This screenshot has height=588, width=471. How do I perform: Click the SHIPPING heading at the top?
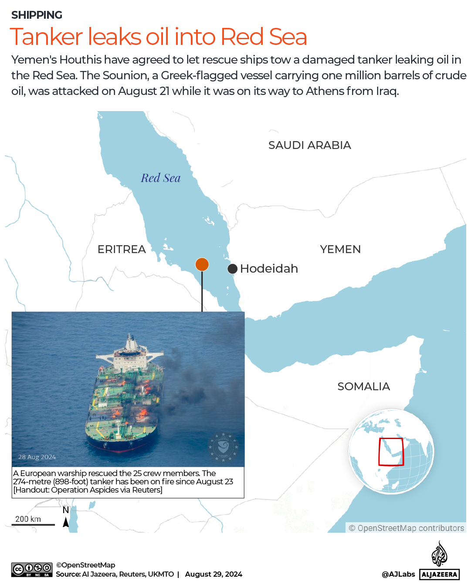pyautogui.click(x=37, y=15)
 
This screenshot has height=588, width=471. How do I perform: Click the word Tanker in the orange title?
pyautogui.click(x=46, y=37)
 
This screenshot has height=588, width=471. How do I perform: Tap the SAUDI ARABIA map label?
pyautogui.click(x=309, y=145)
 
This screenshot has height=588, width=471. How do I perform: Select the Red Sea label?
pyautogui.click(x=160, y=178)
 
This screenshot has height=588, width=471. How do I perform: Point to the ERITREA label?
pyautogui.click(x=122, y=249)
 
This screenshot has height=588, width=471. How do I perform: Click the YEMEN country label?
pyautogui.click(x=340, y=249)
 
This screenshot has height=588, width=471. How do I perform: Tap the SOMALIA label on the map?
pyautogui.click(x=363, y=386)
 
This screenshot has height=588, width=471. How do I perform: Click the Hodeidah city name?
pyautogui.click(x=269, y=268)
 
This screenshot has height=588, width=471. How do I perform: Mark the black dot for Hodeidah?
pyautogui.click(x=233, y=269)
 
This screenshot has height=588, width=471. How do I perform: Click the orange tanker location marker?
pyautogui.click(x=202, y=264)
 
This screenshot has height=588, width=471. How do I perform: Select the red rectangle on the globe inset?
pyautogui.click(x=391, y=452)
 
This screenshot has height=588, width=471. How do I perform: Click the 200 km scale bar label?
pyautogui.click(x=28, y=519)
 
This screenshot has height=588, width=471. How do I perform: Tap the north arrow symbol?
pyautogui.click(x=66, y=522)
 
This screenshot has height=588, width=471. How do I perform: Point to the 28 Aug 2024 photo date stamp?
pyautogui.click(x=37, y=457)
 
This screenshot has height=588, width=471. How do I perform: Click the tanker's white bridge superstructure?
pyautogui.click(x=130, y=352)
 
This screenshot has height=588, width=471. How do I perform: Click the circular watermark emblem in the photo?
pyautogui.click(x=223, y=447)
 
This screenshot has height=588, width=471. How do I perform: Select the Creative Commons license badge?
pyautogui.click(x=32, y=570)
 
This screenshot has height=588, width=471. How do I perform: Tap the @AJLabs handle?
pyautogui.click(x=398, y=574)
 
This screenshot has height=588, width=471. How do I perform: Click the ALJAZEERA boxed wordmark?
pyautogui.click(x=440, y=574)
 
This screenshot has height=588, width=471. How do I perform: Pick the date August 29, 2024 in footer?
pyautogui.click(x=213, y=574)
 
